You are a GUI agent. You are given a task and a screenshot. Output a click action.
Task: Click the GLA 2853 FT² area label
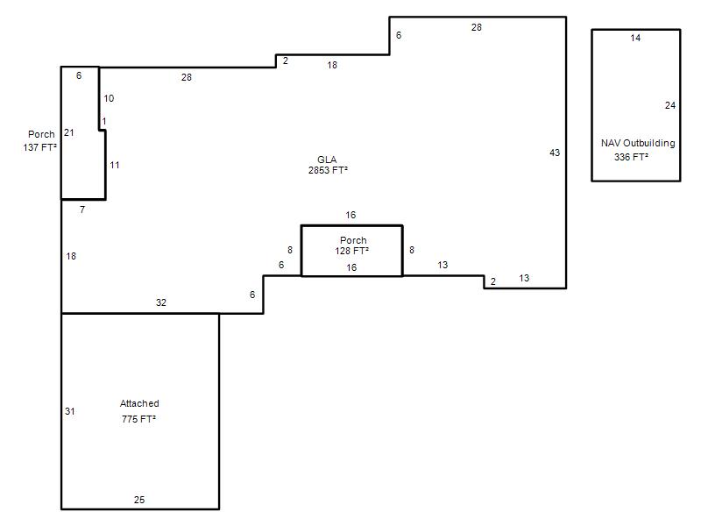(x=328, y=165)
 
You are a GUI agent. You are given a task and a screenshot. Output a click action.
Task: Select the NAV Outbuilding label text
(x=638, y=143)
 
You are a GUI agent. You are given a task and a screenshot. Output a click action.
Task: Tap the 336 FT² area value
(x=631, y=157)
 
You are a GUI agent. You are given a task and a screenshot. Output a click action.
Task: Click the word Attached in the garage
(x=139, y=403)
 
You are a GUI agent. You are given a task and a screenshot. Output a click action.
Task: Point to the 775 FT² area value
(x=138, y=419)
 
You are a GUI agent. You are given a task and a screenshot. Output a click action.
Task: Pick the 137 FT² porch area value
(x=39, y=147)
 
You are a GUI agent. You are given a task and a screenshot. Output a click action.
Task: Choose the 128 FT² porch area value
(x=352, y=251)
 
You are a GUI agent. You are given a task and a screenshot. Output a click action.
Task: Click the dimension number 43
(x=555, y=153)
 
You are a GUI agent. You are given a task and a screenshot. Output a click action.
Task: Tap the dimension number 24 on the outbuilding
(x=670, y=105)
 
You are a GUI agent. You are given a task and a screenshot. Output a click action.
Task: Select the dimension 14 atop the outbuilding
(x=635, y=38)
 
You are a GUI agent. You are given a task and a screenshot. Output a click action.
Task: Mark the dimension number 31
(x=70, y=411)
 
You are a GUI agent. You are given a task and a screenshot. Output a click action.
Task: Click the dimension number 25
(x=139, y=500)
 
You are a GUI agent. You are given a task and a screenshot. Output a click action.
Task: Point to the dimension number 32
(x=161, y=302)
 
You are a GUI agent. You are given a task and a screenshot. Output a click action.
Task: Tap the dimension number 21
(x=69, y=133)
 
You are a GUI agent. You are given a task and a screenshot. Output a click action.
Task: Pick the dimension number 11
(x=115, y=165)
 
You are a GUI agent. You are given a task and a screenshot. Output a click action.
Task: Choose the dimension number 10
(x=109, y=98)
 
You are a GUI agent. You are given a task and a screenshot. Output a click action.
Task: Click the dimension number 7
(x=82, y=210)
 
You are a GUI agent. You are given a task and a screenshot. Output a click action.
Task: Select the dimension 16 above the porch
(x=350, y=215)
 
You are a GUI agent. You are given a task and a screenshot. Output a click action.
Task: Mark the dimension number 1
(x=104, y=122)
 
